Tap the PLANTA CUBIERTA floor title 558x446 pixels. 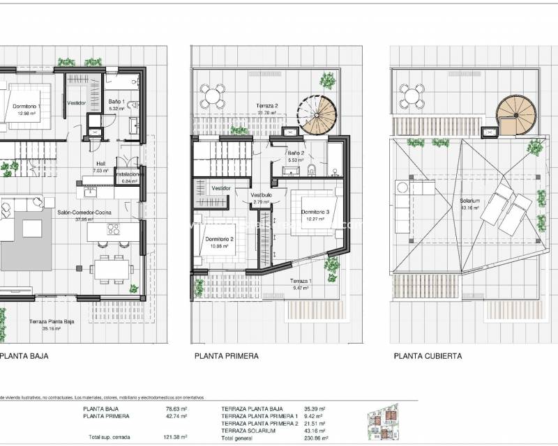click(x=428, y=355)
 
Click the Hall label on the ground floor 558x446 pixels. click(x=100, y=166)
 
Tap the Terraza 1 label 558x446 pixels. click(x=301, y=283)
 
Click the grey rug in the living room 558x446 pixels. click(x=27, y=238)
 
